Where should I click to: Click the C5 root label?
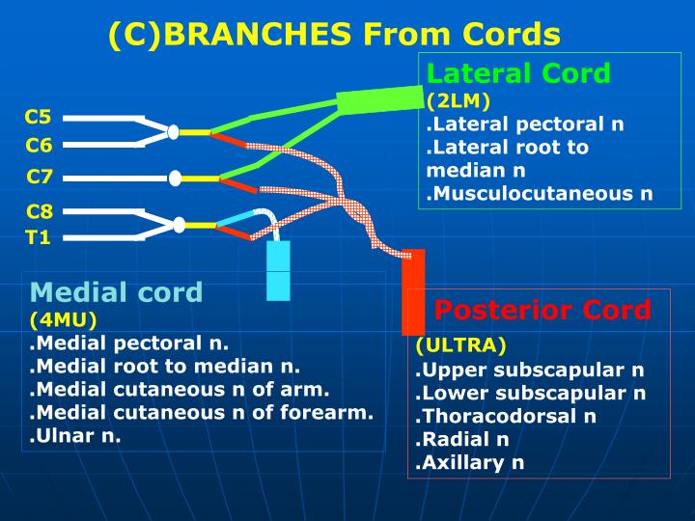(39, 119)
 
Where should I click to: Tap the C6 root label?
(39, 146)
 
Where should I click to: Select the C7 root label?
(39, 177)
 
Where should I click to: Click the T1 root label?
(38, 237)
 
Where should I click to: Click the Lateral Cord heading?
(518, 73)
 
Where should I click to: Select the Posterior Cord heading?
(542, 310)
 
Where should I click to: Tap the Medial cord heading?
(116, 292)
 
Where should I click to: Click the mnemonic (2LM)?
(458, 100)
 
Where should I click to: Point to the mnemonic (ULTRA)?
(460, 345)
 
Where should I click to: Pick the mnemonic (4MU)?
(63, 318)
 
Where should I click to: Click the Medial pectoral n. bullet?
(128, 343)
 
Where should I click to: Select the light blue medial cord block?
(278, 271)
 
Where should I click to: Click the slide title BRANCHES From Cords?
(334, 35)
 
